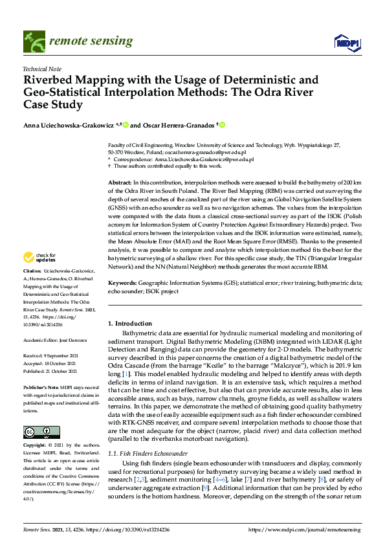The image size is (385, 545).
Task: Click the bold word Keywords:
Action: [123, 283]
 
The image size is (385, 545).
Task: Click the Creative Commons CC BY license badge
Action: [39, 432]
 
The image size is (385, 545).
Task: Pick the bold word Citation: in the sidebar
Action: [32, 287]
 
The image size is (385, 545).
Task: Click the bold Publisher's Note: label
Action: [41, 384]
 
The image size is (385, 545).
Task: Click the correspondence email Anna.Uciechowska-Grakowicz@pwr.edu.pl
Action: [204, 159]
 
